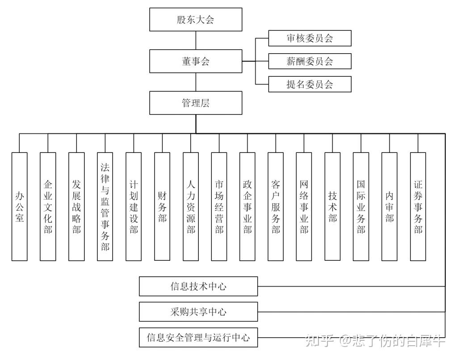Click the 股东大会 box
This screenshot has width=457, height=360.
[x=196, y=20]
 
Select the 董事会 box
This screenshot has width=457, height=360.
[x=196, y=61]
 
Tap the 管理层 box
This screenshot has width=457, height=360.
[x=196, y=103]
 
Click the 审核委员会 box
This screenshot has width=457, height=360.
[x=310, y=38]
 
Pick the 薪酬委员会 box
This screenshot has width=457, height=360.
[x=310, y=61]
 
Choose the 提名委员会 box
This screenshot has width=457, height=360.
[x=310, y=84]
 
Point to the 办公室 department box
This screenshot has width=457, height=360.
[x=19, y=206]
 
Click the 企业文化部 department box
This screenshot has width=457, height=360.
[x=48, y=206]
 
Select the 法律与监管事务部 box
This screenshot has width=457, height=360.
[x=105, y=206]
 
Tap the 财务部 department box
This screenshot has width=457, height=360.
[x=162, y=206]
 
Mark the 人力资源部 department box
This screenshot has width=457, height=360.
[x=191, y=206]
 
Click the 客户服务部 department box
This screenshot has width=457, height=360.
[x=276, y=206]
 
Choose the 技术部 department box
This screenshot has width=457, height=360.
[x=332, y=206]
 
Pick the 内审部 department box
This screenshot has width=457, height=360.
[x=390, y=206]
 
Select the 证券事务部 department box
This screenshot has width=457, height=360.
[x=418, y=206]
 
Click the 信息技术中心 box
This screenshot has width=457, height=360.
[x=198, y=286]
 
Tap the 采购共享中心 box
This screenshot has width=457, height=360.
[x=198, y=312]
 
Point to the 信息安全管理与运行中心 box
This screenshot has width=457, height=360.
[x=198, y=338]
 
